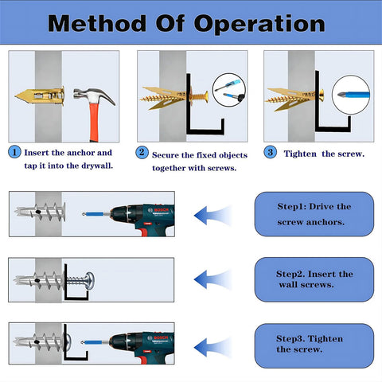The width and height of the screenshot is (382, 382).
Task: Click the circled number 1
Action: point(15,151)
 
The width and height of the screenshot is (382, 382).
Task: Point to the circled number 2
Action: point(142,151)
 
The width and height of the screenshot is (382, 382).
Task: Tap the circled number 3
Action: point(271,151)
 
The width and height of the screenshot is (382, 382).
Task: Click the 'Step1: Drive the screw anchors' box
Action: point(314,213)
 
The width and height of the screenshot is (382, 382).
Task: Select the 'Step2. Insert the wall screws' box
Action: point(314,279)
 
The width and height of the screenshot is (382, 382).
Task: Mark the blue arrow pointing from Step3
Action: point(212,344)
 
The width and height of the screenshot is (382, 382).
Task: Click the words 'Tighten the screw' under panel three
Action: point(324,153)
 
